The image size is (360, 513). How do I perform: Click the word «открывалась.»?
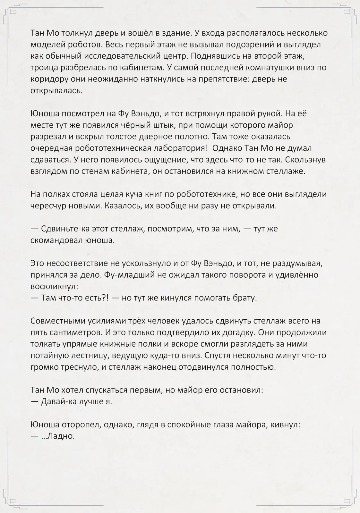(56, 91)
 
